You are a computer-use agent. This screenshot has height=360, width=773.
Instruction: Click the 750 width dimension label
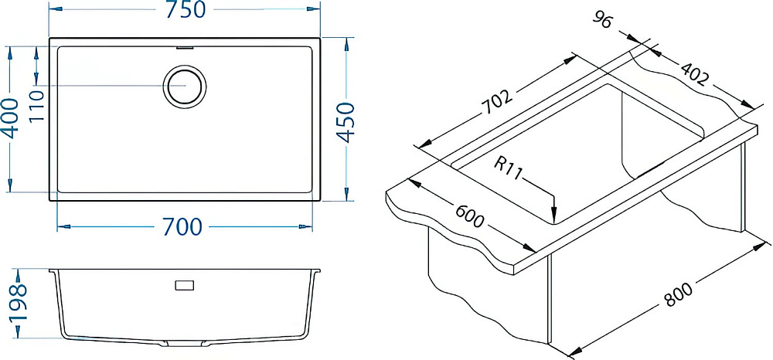[185, 10]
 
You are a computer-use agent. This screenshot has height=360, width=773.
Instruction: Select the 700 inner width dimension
[182, 227]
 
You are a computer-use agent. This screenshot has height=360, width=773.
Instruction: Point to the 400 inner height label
[12, 118]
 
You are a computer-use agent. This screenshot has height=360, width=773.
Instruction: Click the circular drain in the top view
[185, 87]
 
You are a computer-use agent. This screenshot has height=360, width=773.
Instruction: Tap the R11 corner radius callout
[507, 169]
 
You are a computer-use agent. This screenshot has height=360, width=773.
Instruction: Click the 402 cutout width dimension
[695, 74]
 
